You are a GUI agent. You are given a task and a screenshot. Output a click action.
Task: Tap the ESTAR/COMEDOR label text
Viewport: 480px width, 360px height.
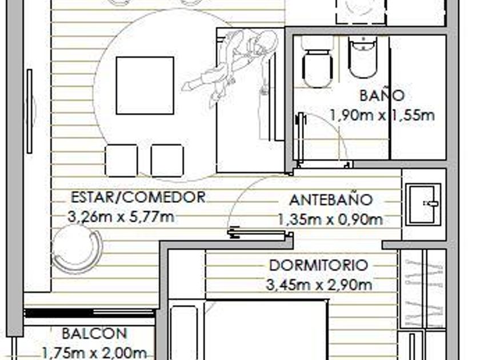(x=138, y=197)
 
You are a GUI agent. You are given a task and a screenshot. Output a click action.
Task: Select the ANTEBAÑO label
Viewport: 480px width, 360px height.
(x=331, y=200)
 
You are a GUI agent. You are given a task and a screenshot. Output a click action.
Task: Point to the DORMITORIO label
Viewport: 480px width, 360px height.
(x=318, y=265)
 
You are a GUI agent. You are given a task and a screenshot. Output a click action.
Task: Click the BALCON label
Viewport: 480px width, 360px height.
(x=94, y=333)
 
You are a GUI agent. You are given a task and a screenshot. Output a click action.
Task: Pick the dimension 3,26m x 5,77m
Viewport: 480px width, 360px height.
(x=121, y=217)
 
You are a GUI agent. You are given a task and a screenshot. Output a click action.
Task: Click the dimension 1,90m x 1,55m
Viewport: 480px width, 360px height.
(x=382, y=115)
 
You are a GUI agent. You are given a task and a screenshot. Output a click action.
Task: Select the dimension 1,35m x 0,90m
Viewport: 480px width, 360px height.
(x=330, y=219)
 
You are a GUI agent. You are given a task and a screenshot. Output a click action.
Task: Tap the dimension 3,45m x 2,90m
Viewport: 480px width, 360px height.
(x=319, y=285)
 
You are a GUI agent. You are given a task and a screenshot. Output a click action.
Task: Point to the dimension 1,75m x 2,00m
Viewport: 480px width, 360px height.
(x=93, y=353)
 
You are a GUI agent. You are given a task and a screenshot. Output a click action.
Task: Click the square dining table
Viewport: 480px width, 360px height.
(x=145, y=86)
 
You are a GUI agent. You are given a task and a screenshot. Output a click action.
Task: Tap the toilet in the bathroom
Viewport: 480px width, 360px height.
(x=317, y=63)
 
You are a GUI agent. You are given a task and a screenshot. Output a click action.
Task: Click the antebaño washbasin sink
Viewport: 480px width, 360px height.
(x=423, y=204)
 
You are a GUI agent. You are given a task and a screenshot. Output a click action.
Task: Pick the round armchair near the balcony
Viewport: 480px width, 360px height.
(x=77, y=248)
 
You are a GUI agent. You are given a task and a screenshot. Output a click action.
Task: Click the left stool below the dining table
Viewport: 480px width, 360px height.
(x=121, y=161)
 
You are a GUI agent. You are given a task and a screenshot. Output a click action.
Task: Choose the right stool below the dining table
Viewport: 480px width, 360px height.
(x=167, y=161)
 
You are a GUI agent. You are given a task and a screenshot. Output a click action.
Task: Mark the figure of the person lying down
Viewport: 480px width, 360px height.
(x=232, y=66)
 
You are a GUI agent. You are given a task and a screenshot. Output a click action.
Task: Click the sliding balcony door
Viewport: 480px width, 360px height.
(x=89, y=313)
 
